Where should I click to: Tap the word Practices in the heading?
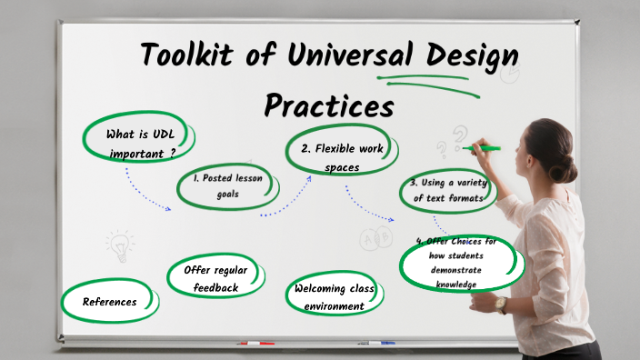point(329,105)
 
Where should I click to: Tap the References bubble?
point(110,302)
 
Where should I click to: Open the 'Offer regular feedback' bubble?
point(215,278)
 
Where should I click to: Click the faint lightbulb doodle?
point(119,244)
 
